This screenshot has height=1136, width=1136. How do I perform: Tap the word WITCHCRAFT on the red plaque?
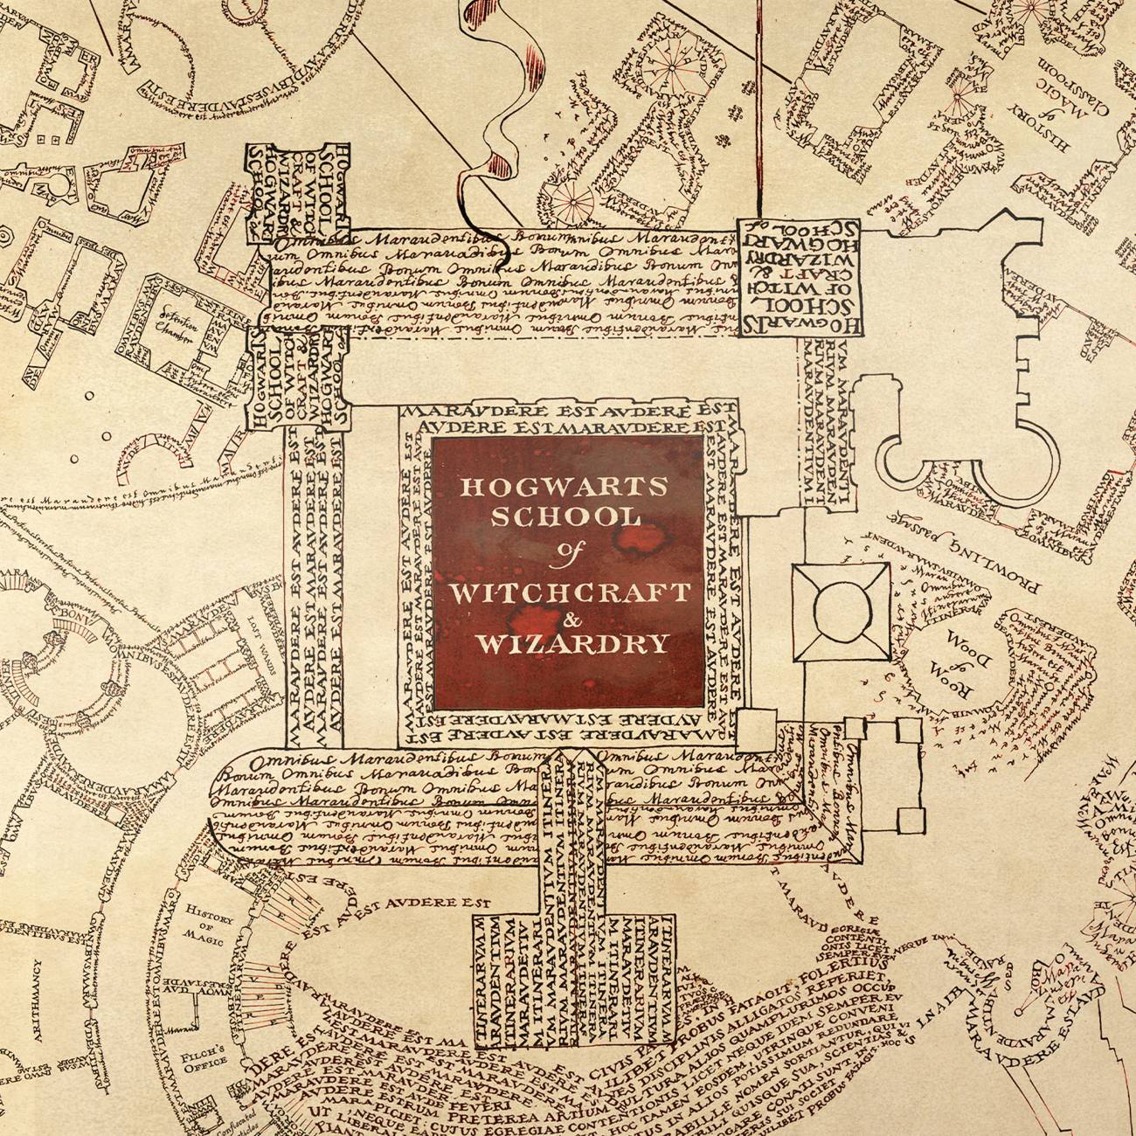coord(569,591)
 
